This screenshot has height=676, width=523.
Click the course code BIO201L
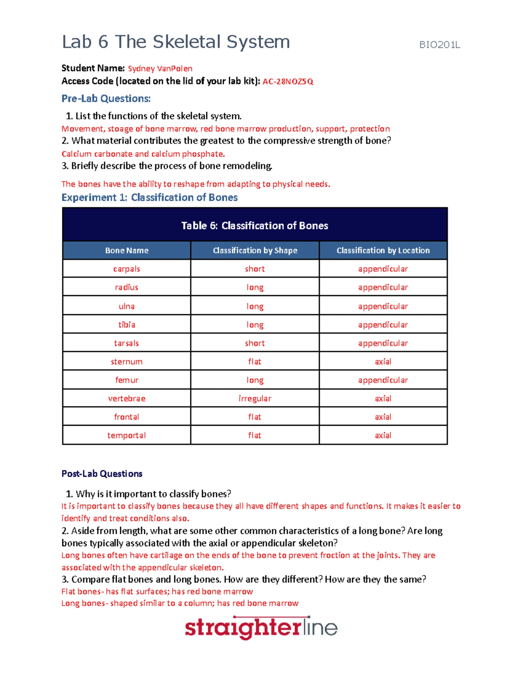[439, 44]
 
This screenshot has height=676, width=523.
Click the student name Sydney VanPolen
[160, 68]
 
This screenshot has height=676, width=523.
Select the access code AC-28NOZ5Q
[288, 81]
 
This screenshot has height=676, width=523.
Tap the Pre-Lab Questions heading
[106, 99]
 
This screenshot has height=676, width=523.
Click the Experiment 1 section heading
[149, 198]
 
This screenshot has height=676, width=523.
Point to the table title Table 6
[255, 225]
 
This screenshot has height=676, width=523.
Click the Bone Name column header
[126, 250]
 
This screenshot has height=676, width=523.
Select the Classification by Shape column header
[255, 250]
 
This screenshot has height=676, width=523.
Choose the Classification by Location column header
[383, 250]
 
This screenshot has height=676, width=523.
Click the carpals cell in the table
[126, 269]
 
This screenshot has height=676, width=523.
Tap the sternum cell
[126, 362]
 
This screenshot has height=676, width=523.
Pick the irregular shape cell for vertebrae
[255, 398]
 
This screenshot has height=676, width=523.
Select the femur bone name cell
[126, 380]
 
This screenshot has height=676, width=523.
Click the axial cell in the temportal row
[383, 435]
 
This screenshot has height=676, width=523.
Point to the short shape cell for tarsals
[255, 343]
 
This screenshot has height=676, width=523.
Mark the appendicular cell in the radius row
[383, 287]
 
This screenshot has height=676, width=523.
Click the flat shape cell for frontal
[255, 417]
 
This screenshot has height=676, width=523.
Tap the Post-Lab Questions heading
[102, 474]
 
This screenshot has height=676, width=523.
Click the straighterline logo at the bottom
[261, 627]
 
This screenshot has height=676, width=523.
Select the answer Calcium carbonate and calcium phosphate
[143, 154]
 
